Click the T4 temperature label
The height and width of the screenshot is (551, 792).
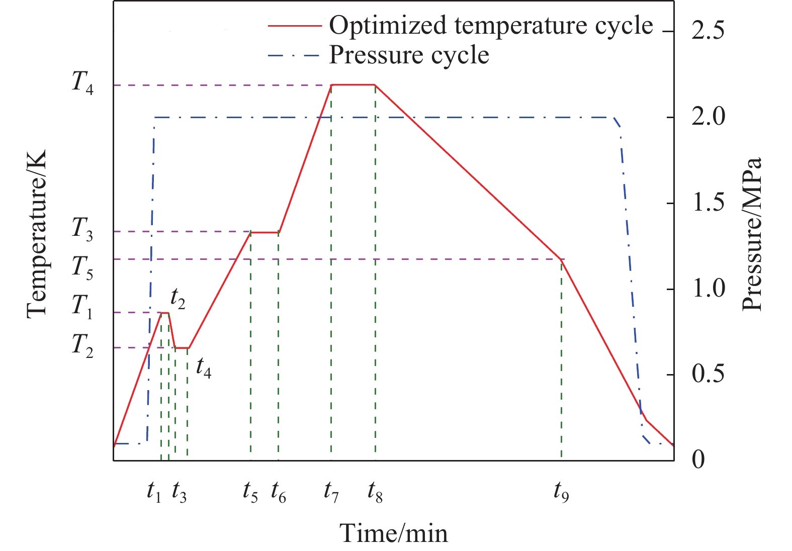click(83, 84)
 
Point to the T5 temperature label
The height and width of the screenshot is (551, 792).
click(82, 268)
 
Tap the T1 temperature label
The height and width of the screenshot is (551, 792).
click(82, 307)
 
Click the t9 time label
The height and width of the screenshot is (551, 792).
click(561, 492)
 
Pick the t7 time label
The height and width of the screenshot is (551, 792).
click(331, 492)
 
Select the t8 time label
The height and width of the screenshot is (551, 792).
click(375, 492)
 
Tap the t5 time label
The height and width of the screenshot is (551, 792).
click(250, 492)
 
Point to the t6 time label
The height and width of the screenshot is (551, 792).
click(279, 492)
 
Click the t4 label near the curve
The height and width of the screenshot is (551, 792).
click(204, 368)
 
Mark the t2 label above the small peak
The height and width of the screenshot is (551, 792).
click(178, 299)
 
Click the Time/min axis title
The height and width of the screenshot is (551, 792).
click(394, 533)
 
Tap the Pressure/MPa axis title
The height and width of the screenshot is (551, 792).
click(751, 234)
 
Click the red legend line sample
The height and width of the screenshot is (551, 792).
click(295, 26)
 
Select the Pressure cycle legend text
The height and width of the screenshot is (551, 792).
click(409, 56)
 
